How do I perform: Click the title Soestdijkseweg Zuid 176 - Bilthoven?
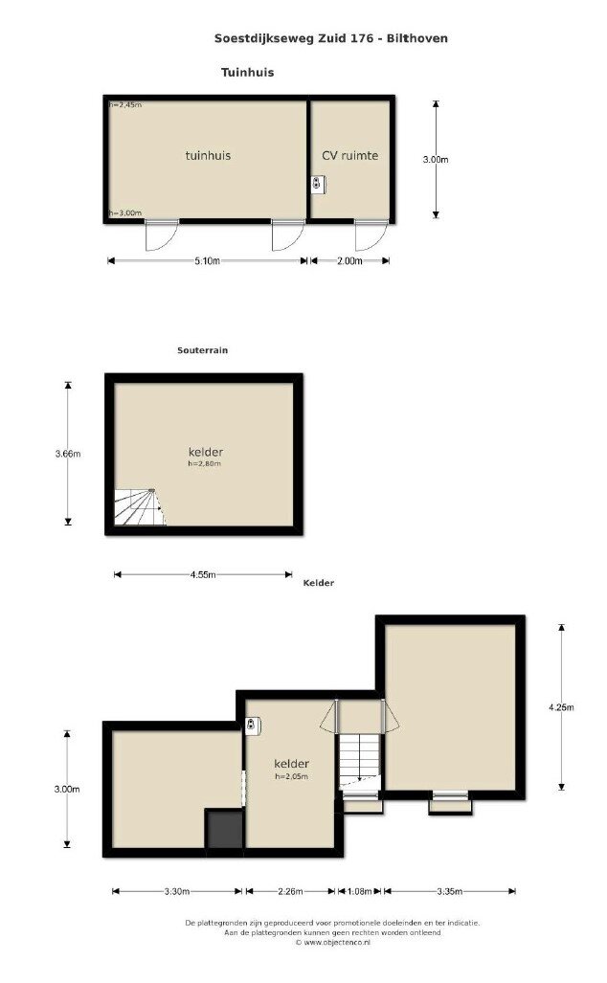click(331, 38)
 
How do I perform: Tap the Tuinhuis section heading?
click(248, 72)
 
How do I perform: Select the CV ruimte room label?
click(349, 155)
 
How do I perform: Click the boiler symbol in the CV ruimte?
click(319, 184)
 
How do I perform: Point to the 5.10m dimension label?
click(207, 260)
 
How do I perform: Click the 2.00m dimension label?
click(349, 260)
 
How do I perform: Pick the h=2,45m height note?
click(125, 104)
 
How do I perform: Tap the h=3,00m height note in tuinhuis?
click(125, 213)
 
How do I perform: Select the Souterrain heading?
click(203, 350)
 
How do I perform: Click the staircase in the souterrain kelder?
click(139, 507)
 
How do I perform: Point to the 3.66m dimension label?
click(68, 454)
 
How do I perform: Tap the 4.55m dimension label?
click(203, 574)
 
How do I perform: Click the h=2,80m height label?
click(205, 464)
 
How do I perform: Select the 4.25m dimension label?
click(561, 707)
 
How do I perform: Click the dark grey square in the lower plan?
click(224, 829)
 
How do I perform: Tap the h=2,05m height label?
click(292, 777)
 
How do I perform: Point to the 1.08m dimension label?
click(360, 891)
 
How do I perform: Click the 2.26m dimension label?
click(290, 891)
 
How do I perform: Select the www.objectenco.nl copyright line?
click(332, 942)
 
